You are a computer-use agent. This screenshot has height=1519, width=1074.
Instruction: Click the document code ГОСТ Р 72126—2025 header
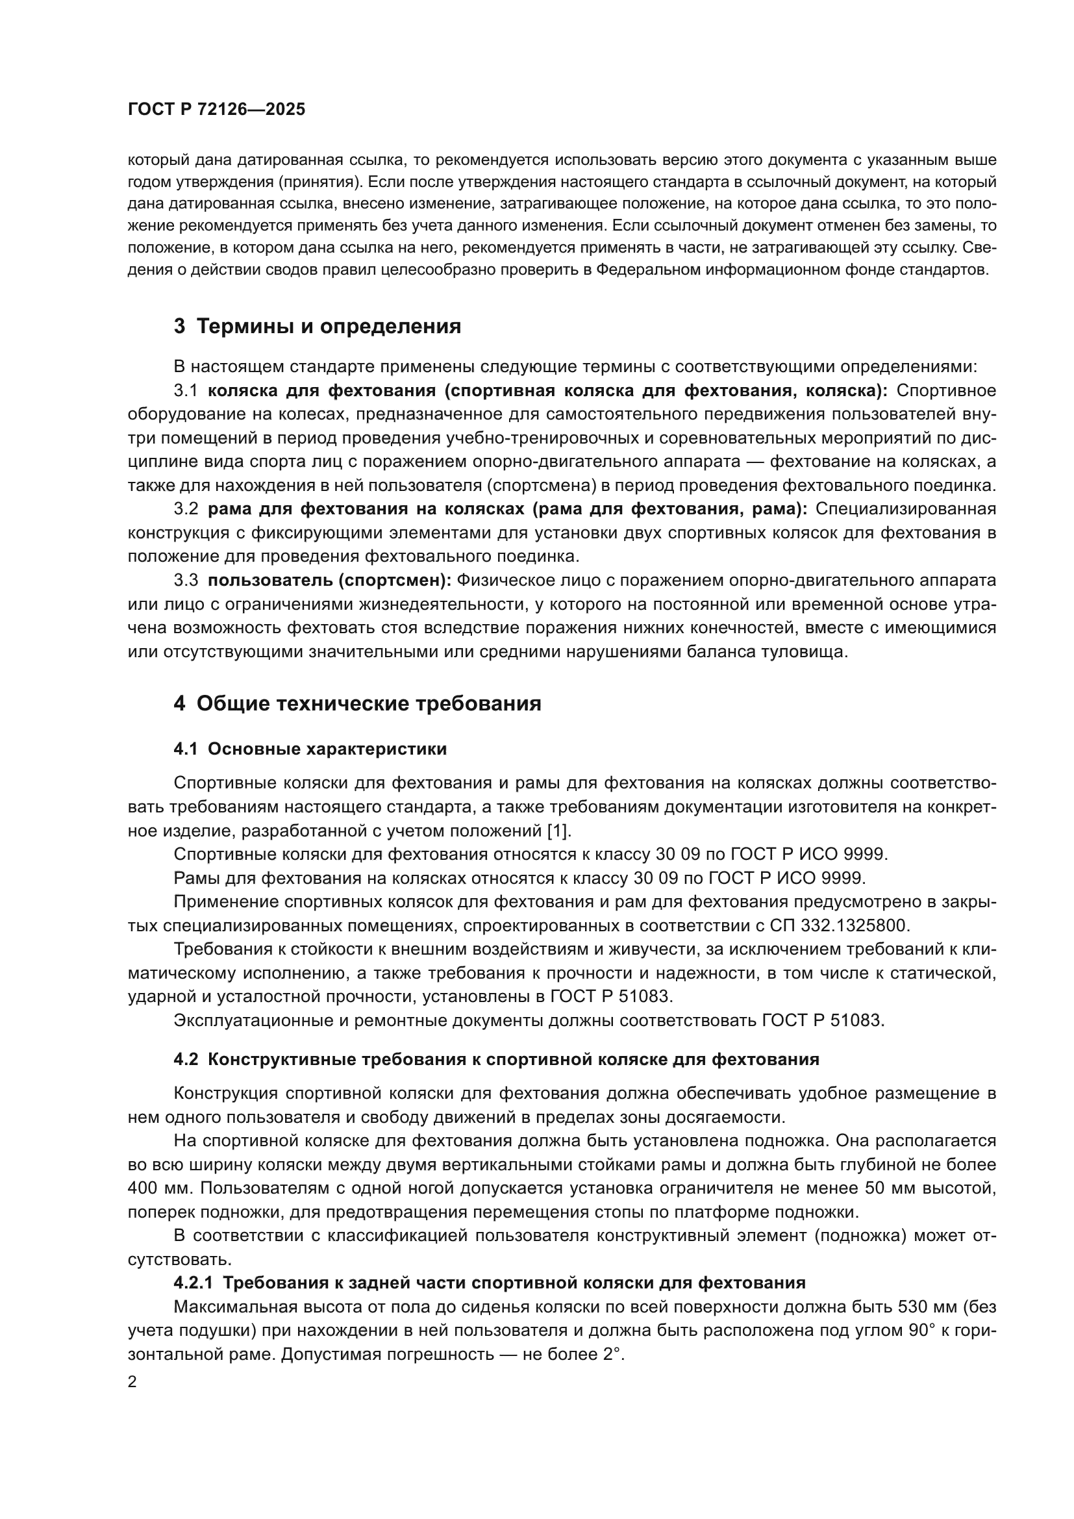(x=216, y=110)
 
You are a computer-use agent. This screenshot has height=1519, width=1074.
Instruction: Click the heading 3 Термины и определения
(x=318, y=326)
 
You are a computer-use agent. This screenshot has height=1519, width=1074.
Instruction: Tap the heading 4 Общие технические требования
(x=357, y=703)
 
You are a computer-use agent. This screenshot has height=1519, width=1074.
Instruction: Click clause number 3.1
(x=186, y=390)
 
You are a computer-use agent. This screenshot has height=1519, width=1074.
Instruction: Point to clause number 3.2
(x=186, y=508)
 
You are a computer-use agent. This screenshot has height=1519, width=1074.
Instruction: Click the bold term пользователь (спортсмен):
(x=329, y=580)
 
